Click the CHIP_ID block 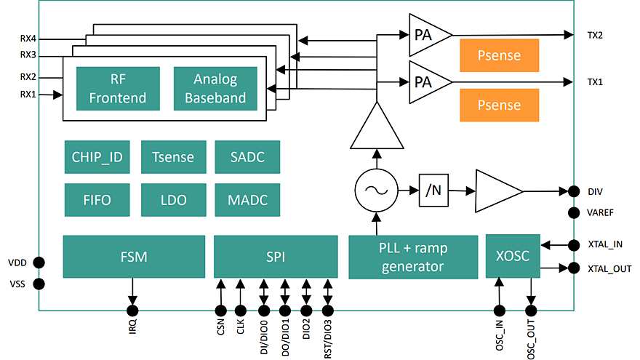[x=97, y=157]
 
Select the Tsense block [x=174, y=157]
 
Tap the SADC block [x=247, y=157]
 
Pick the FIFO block [x=97, y=199]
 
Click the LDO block [x=174, y=199]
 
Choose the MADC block [x=247, y=199]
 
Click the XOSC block [x=513, y=256]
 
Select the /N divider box [x=433, y=191]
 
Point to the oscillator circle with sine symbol [x=376, y=191]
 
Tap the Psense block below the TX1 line [x=499, y=105]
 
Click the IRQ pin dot [x=132, y=311]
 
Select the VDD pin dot [x=39, y=263]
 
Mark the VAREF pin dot [x=574, y=212]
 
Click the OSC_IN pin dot [x=499, y=311]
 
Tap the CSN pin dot [x=221, y=311]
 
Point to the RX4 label [x=28, y=39]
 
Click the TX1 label [x=595, y=82]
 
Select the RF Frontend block [x=118, y=89]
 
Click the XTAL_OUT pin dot [x=574, y=268]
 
